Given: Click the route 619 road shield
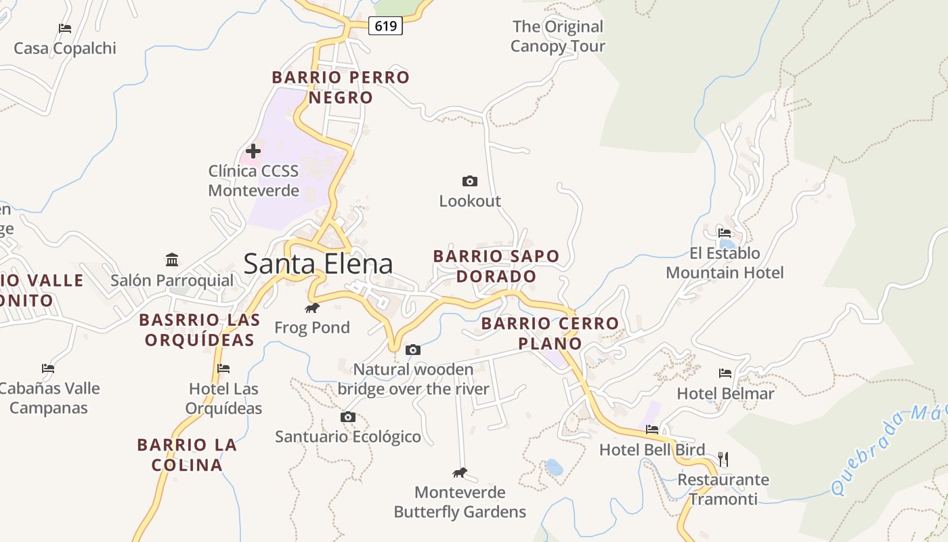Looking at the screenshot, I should tap(385, 26).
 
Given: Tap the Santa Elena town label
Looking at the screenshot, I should tap(318, 264).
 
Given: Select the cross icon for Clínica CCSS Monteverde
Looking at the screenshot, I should tap(253, 150).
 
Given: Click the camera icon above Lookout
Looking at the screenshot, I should tap(469, 181).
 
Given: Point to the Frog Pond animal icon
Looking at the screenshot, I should tap(312, 308).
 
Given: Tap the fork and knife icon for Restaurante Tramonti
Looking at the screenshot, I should tap(723, 459).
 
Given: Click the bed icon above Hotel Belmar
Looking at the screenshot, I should tap(725, 373).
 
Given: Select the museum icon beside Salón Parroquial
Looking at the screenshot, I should tap(172, 259).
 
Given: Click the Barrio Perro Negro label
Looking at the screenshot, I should tap(341, 87).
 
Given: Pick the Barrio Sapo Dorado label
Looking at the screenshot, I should tap(496, 266).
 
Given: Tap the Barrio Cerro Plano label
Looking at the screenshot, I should tap(550, 333).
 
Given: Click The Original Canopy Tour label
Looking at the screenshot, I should tap(557, 37).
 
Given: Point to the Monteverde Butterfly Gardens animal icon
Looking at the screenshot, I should tap(460, 472).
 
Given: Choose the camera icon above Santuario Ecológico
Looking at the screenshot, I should tap(347, 417).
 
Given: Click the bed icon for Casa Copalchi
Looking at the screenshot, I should tap(65, 28).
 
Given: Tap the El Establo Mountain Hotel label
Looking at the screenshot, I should tap(725, 263).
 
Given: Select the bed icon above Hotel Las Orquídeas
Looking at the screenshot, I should tap(223, 369).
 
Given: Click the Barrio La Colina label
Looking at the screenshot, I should tap(187, 455).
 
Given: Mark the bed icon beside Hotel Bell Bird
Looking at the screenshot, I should tap(652, 429).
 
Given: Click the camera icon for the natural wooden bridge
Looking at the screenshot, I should tap(412, 350).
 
